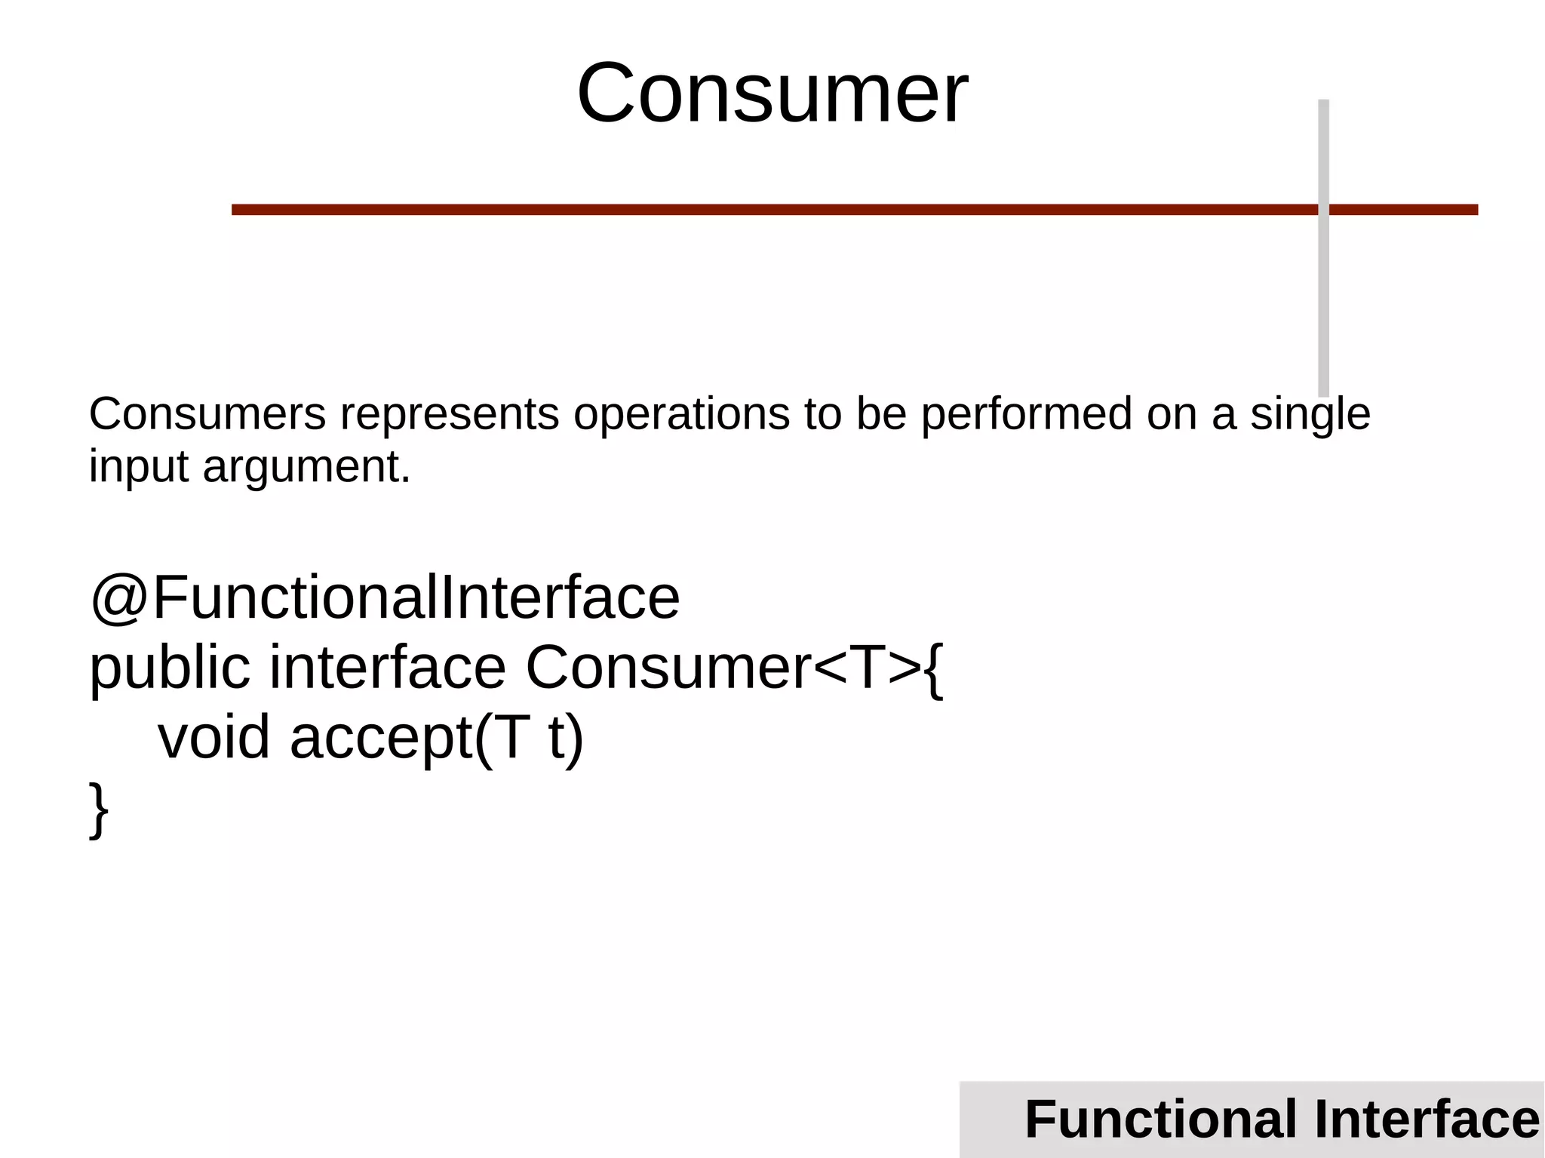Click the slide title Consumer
tap(772, 94)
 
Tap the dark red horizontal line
tap(754, 210)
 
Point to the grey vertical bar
tap(1323, 302)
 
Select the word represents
tap(450, 416)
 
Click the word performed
tap(1026, 416)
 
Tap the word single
tap(1310, 416)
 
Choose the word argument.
tap(306, 468)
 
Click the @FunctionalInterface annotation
tap(385, 597)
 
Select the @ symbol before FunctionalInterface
tap(118, 597)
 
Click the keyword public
tap(170, 668)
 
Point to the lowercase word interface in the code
tap(387, 667)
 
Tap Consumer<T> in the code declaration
tap(723, 668)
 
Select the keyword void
tap(213, 737)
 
